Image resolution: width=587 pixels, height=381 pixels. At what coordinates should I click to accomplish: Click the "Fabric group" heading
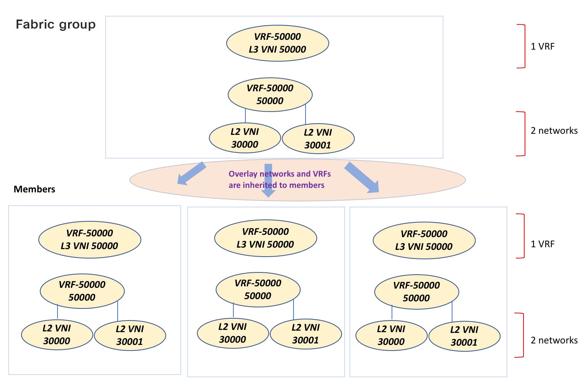(56, 25)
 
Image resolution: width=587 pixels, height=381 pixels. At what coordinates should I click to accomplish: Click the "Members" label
(34, 189)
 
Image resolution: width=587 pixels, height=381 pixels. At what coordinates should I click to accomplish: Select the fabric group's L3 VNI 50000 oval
(277, 43)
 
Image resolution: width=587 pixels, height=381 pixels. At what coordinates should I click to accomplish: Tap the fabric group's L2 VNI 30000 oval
(245, 138)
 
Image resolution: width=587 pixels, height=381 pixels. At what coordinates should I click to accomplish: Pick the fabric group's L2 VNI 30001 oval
(318, 139)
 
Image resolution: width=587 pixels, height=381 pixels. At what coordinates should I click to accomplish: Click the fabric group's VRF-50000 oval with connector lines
(270, 95)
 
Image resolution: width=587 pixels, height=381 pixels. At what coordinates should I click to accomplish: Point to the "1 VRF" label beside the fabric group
(542, 46)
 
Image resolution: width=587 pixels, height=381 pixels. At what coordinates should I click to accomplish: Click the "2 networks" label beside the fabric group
(554, 130)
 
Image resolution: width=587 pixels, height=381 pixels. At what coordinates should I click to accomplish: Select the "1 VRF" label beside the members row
(542, 244)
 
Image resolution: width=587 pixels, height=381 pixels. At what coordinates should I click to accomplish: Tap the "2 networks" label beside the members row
(554, 340)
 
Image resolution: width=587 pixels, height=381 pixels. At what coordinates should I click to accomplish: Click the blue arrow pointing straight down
(268, 180)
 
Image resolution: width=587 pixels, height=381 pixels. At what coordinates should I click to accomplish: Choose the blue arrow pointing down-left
(192, 174)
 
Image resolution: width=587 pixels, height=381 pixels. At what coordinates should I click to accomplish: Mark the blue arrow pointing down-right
(362, 177)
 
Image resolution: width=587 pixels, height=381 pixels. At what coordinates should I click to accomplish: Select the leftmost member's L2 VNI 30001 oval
(130, 335)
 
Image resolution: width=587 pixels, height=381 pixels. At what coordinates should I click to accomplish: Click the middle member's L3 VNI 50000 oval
(265, 238)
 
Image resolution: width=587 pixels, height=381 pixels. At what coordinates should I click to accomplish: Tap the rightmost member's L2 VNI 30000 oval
(391, 336)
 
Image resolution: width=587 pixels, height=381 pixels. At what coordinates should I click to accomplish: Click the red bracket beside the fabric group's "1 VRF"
(525, 46)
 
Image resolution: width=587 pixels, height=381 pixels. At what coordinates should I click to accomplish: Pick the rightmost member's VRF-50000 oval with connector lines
(416, 292)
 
